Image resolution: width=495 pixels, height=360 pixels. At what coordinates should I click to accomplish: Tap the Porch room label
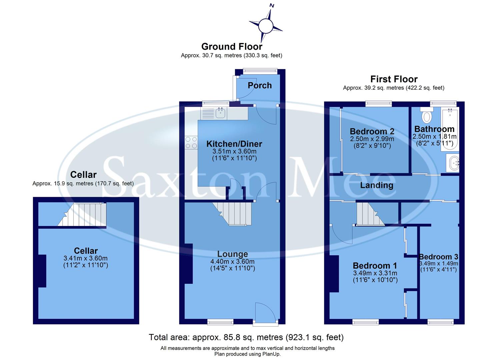tap(259, 85)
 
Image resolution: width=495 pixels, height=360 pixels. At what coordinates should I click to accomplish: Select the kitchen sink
tap(220, 113)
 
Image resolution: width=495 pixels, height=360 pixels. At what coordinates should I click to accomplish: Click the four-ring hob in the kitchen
tap(191, 142)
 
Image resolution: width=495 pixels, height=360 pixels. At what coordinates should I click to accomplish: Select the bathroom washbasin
tap(453, 163)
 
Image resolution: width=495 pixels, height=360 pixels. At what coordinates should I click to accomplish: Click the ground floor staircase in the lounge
tap(234, 213)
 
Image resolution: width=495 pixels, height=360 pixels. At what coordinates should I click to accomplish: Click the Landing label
tap(376, 185)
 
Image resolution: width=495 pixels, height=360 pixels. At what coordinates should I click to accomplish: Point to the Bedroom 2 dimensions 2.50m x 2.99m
tap(372, 139)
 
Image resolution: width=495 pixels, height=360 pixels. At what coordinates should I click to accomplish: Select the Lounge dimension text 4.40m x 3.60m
tap(232, 262)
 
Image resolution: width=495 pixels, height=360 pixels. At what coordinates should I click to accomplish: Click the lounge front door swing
tap(264, 312)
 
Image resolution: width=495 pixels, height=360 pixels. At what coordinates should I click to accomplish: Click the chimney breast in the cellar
tap(42, 271)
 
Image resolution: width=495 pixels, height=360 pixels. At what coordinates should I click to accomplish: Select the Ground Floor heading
tap(232, 47)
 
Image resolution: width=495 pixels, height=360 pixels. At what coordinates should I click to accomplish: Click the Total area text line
tap(246, 337)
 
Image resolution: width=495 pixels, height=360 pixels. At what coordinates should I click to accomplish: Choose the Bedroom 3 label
tap(438, 257)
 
